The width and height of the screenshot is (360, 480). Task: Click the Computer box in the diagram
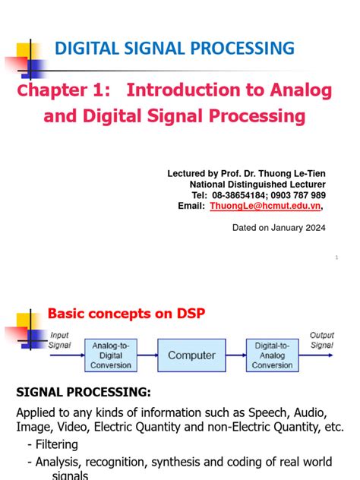point(191,355)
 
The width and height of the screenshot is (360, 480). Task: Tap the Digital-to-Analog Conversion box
point(272,355)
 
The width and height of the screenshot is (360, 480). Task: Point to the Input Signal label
point(60,339)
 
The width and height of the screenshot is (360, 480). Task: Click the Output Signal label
point(322,339)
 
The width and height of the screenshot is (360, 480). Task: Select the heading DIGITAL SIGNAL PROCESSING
point(174,49)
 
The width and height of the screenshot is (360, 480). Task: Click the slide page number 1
point(336,258)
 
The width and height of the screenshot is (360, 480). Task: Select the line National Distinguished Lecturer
point(257,185)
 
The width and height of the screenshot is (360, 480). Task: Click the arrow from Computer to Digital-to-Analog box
point(235,355)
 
